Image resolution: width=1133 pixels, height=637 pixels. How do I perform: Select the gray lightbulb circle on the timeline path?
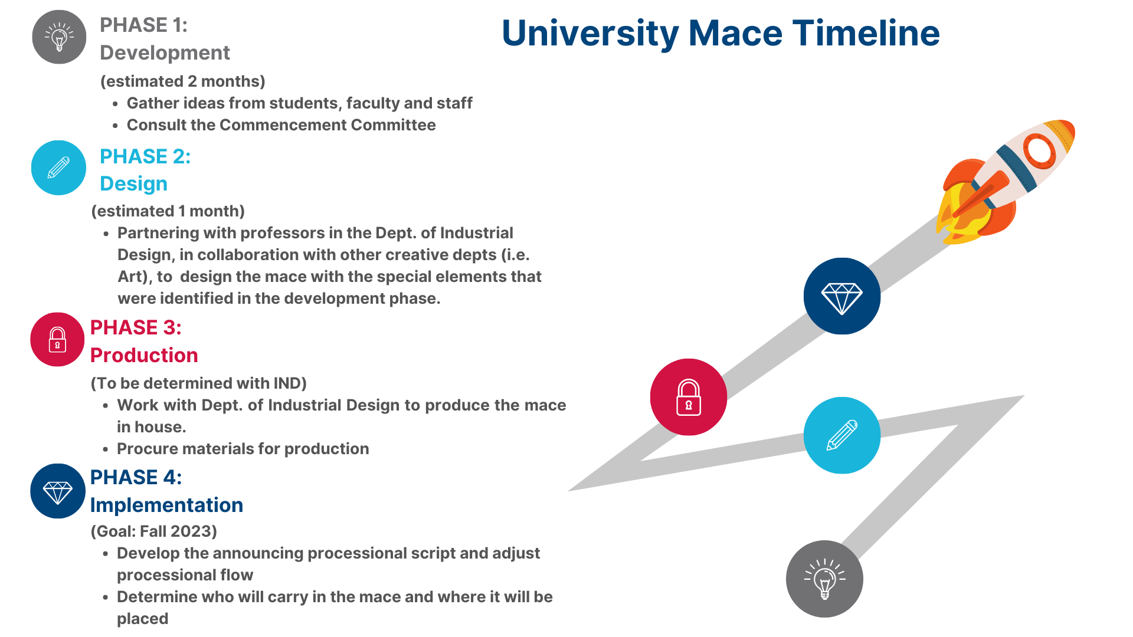point(824,579)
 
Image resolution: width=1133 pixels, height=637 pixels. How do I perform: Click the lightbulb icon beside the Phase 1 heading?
point(59,37)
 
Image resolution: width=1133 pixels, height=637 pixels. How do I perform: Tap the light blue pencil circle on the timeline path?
point(842,435)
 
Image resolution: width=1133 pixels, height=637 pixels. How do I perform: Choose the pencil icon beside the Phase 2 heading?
point(58,168)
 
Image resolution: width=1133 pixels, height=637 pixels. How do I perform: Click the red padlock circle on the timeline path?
point(689,397)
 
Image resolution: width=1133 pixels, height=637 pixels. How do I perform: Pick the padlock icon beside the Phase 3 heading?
point(57,339)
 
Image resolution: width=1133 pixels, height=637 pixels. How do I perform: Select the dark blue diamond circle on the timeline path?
point(842,296)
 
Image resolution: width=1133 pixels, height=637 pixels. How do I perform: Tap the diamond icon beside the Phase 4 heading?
point(58,491)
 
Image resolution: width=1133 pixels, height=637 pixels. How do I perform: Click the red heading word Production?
point(144,355)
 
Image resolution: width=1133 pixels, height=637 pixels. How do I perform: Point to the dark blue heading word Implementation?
point(166,505)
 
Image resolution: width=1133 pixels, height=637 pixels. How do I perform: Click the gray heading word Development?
point(165,53)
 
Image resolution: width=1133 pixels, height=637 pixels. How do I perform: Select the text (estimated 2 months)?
point(183,81)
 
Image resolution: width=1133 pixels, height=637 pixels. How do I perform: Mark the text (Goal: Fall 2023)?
point(154,531)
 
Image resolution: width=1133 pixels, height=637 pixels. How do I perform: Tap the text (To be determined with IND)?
point(199,383)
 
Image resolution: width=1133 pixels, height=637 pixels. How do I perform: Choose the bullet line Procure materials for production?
point(243,449)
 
